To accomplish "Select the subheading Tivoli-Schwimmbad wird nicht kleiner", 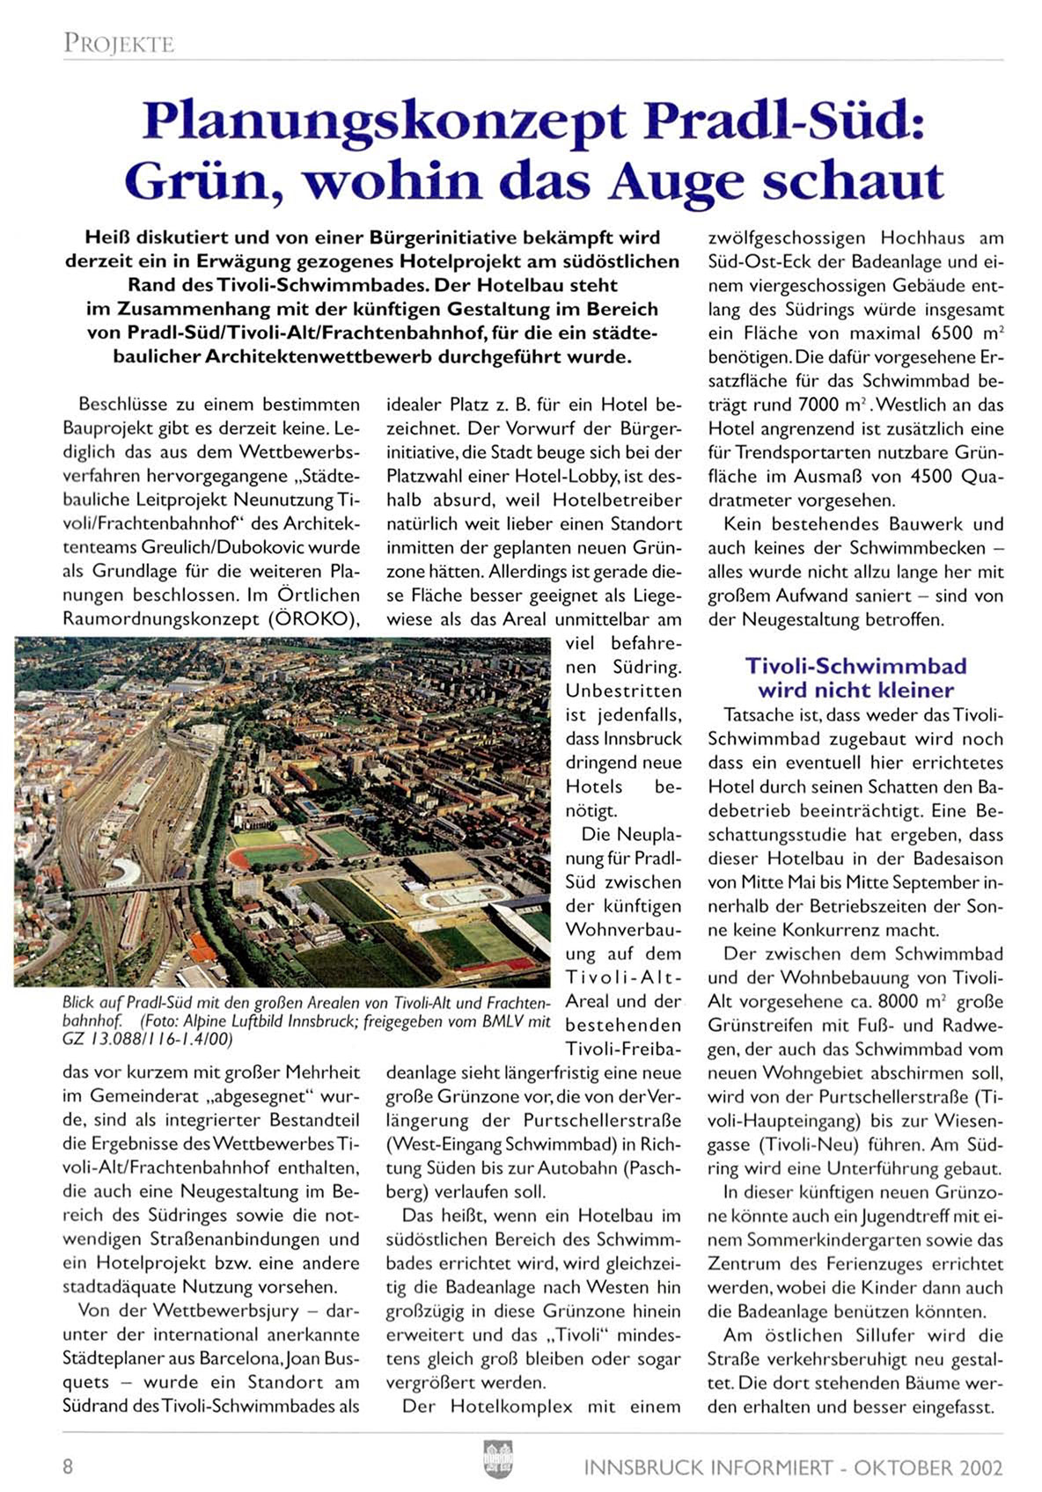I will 855,677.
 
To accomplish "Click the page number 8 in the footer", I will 68,1466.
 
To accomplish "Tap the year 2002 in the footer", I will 981,1467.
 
